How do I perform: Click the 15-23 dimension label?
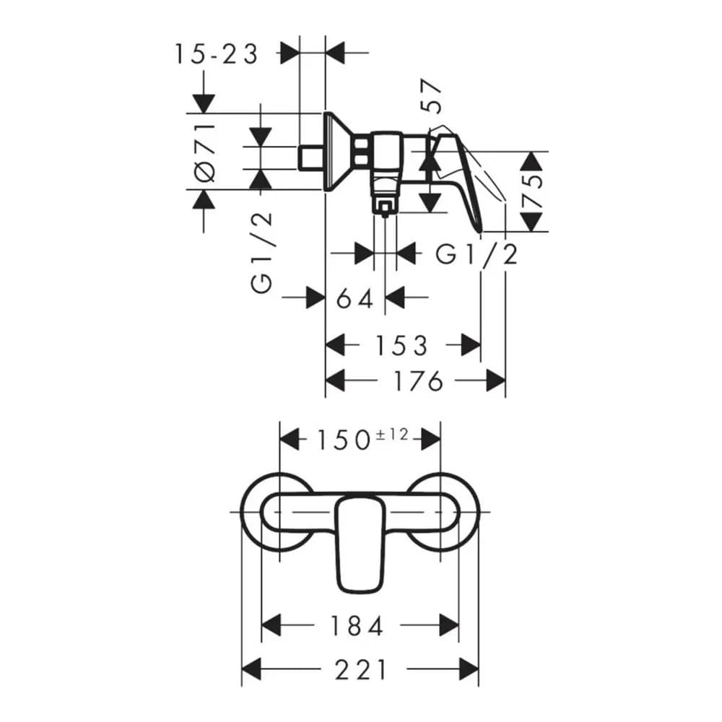[x=215, y=53]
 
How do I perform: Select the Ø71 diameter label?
[x=205, y=152]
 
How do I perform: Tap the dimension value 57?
[x=431, y=97]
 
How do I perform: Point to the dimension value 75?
[x=533, y=191]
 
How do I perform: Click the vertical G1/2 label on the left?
[x=262, y=253]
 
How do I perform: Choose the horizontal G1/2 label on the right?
[x=477, y=254]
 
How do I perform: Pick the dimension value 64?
[x=355, y=297]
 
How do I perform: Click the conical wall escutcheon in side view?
[x=337, y=152]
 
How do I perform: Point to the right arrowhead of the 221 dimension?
[x=469, y=670]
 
